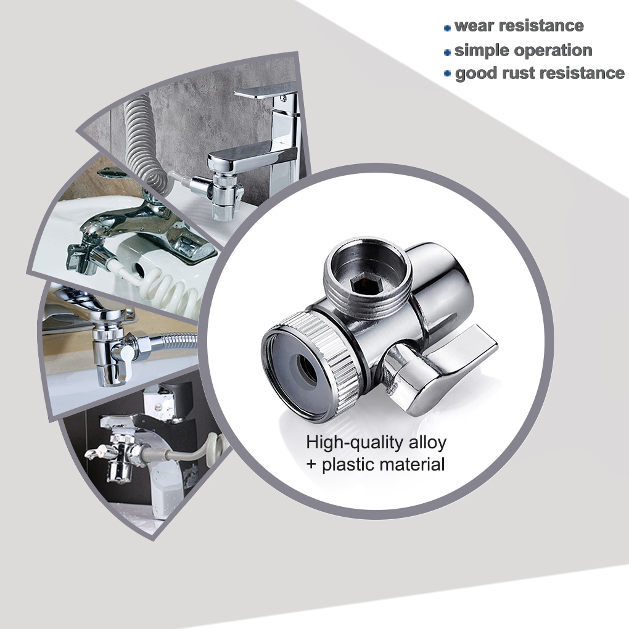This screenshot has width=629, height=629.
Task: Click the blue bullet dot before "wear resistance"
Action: click(x=447, y=28)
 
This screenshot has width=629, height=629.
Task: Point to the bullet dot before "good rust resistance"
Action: click(x=448, y=74)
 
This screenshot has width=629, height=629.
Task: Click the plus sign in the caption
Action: click(x=311, y=464)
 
